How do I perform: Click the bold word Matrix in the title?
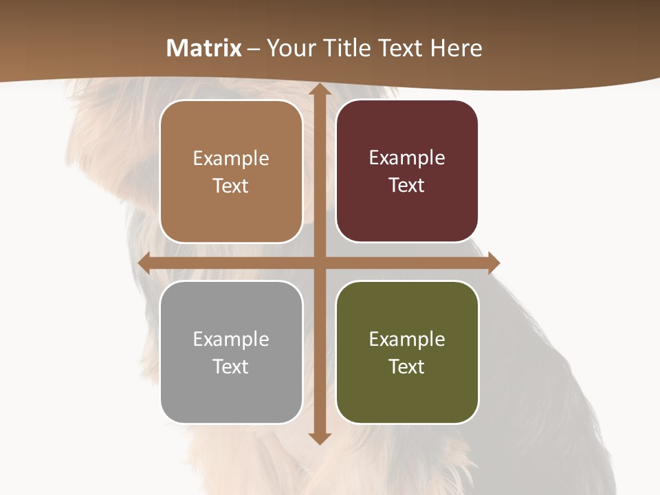pyautogui.click(x=204, y=48)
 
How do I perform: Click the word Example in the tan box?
pyautogui.click(x=231, y=159)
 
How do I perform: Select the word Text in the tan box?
pyautogui.click(x=231, y=186)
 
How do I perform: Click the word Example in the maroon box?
pyautogui.click(x=407, y=158)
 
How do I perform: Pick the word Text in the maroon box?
pyautogui.click(x=407, y=185)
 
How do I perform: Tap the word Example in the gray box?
pyautogui.click(x=231, y=339)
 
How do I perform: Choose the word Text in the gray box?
pyautogui.click(x=231, y=366)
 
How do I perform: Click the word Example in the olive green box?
pyautogui.click(x=407, y=339)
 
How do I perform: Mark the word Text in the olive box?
pyautogui.click(x=407, y=366)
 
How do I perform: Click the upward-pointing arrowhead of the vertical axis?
pyautogui.click(x=320, y=91)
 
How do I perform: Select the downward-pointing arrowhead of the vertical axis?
pyautogui.click(x=320, y=437)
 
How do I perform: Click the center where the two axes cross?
pyautogui.click(x=320, y=263)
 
